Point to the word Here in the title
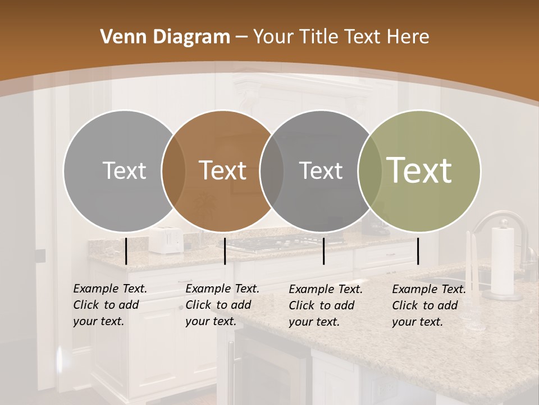point(409,37)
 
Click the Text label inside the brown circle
point(222,170)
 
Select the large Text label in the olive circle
point(419,170)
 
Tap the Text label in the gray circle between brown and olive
point(321,170)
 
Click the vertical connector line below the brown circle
point(225,251)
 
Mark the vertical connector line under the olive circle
point(418,251)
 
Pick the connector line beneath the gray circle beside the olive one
point(324,251)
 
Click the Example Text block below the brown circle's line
point(222,305)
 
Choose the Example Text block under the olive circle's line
point(428,305)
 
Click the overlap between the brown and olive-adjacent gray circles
point(271,170)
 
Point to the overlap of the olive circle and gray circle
point(370,170)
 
